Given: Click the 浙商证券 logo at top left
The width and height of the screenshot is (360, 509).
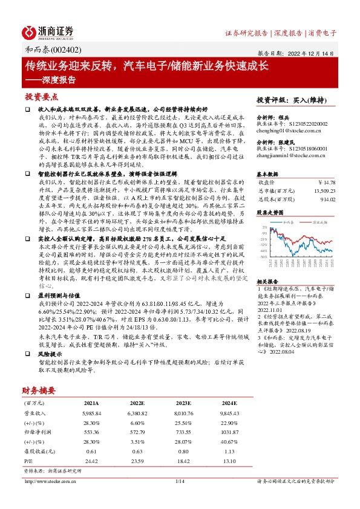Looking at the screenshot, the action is click(x=48, y=31).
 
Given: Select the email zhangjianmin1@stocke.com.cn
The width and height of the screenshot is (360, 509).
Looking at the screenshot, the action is click(x=293, y=155).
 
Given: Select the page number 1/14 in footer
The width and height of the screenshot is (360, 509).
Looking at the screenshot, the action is click(x=180, y=481).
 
